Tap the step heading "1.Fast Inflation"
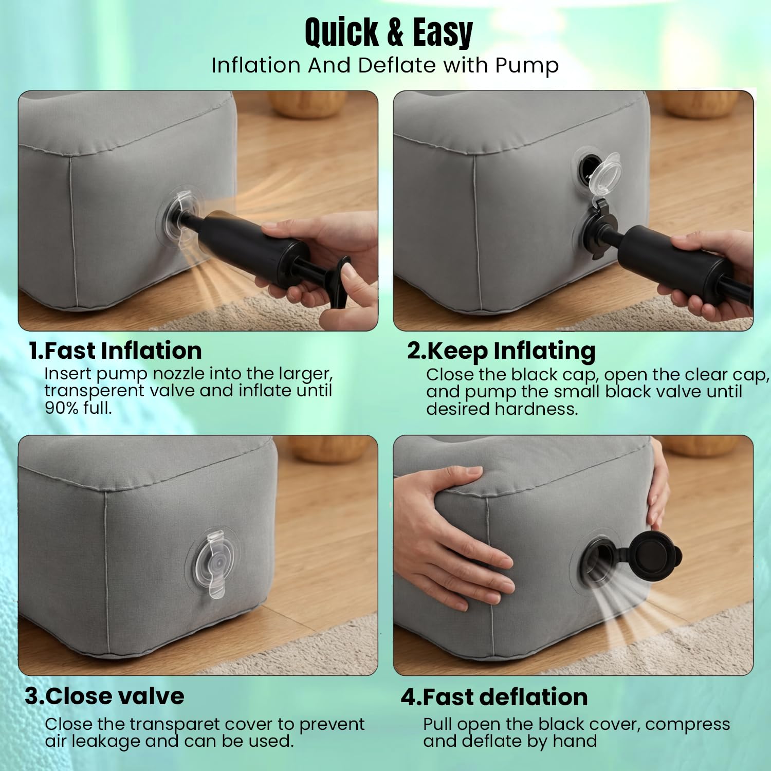tap(115, 351)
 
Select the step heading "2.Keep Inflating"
tap(501, 352)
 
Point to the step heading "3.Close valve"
tap(105, 696)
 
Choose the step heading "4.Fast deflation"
tap(494, 697)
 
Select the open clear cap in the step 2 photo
tap(605, 173)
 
